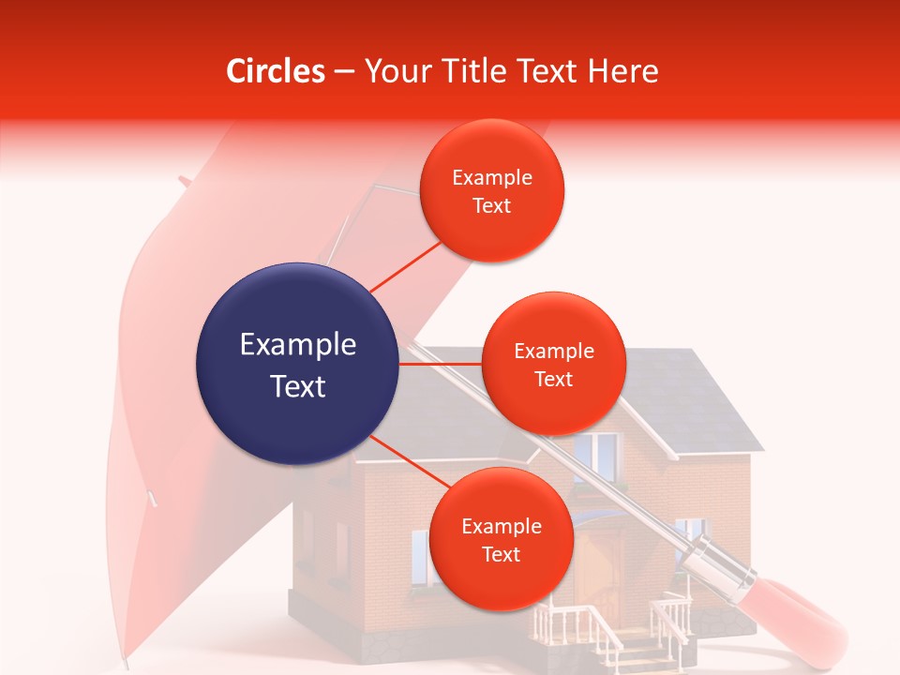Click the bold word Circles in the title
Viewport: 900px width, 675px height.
coord(275,71)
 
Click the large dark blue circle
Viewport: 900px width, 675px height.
coord(297,364)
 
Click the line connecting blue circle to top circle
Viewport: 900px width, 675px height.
coord(405,268)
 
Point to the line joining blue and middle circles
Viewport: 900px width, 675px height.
coord(441,364)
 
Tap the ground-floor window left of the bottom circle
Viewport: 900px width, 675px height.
coord(421,555)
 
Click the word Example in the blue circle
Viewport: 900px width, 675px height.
coord(297,345)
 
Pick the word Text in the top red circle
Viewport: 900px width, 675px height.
coord(491,206)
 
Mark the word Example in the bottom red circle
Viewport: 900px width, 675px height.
coord(501,527)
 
